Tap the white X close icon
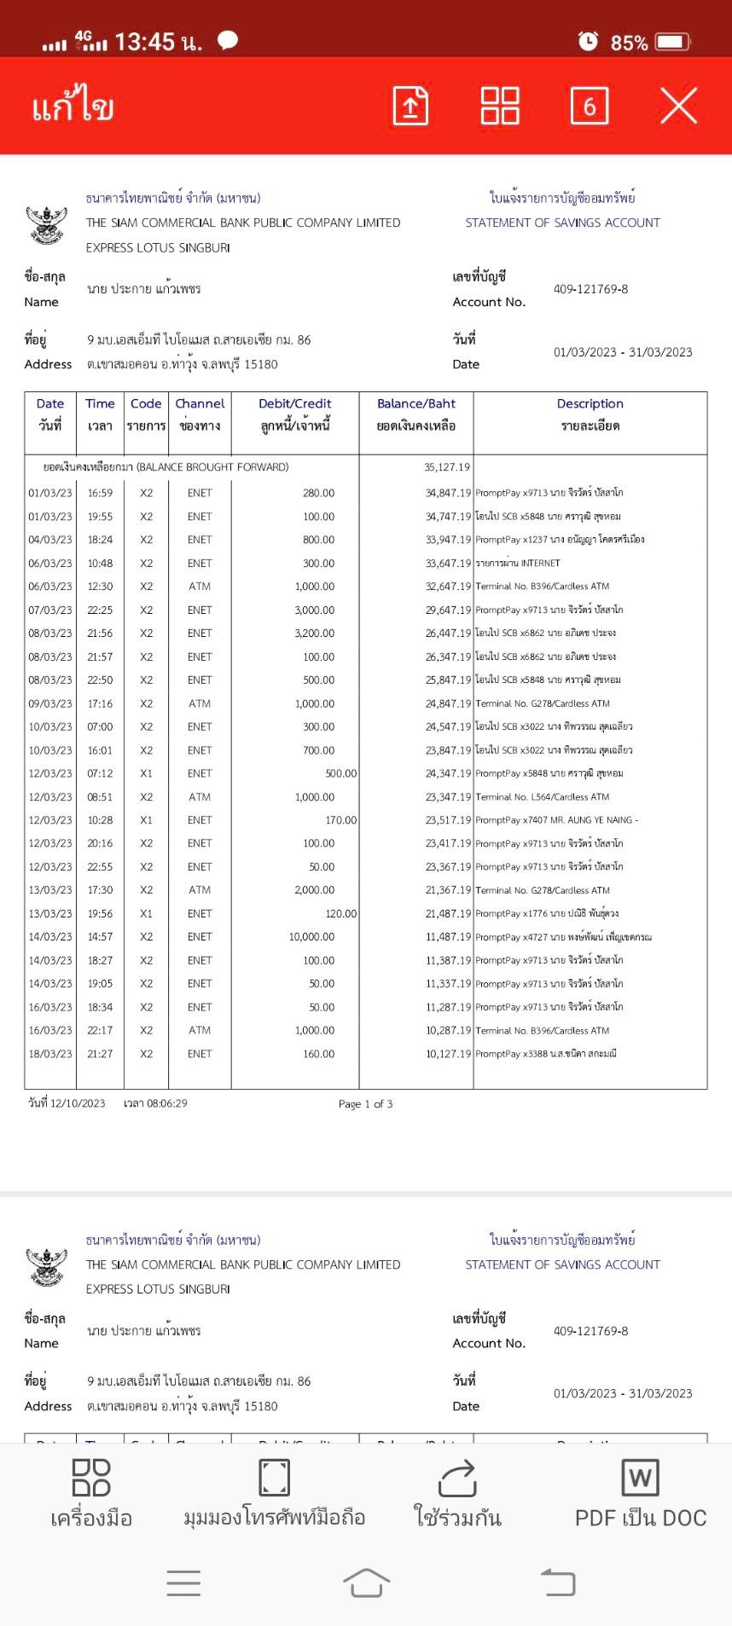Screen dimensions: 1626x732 (x=678, y=106)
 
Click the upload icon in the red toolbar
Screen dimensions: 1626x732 (x=410, y=106)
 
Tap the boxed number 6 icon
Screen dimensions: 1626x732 (x=589, y=106)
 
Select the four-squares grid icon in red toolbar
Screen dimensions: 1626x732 (x=500, y=106)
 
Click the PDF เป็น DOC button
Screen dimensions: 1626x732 (x=641, y=1494)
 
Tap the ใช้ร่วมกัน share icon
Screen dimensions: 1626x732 (x=457, y=1494)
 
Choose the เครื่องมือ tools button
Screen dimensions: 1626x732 (x=91, y=1494)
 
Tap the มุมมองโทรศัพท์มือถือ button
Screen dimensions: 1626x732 (x=274, y=1494)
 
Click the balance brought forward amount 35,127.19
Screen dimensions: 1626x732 (x=447, y=467)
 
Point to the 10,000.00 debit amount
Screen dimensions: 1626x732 (x=311, y=937)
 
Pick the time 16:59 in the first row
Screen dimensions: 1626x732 (x=100, y=493)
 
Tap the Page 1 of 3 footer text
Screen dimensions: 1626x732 (x=365, y=1104)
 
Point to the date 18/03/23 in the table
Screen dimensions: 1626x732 (x=50, y=1054)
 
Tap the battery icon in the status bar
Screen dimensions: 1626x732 (x=672, y=42)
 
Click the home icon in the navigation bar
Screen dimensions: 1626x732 (x=366, y=1583)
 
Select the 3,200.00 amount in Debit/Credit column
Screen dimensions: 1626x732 (x=315, y=634)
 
